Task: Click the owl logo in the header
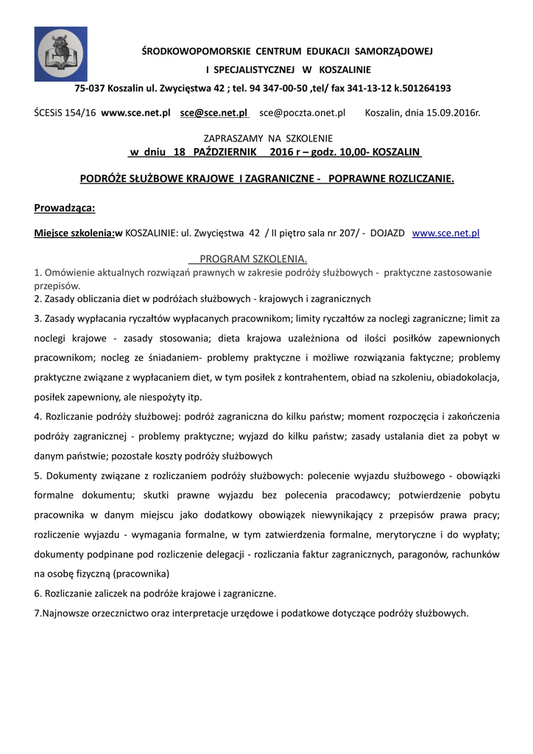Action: (61, 54)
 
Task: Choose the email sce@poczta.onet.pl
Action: (302, 113)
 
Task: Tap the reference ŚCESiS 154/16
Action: (65, 113)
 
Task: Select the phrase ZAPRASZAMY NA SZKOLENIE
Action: (267, 138)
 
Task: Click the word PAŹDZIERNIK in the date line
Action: (224, 152)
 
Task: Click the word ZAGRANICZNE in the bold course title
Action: (283, 179)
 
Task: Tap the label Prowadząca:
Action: (65, 207)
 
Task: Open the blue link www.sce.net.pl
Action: (445, 233)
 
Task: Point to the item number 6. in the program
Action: (38, 593)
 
